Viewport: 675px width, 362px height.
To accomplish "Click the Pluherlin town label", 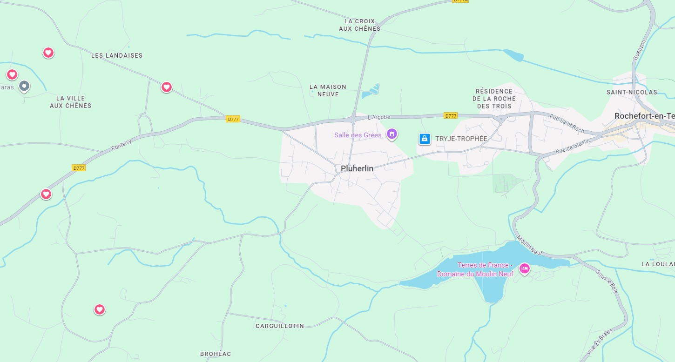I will point(357,168).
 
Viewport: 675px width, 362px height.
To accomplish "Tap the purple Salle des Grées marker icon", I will point(392,134).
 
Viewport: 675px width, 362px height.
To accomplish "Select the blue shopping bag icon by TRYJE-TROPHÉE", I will point(424,139).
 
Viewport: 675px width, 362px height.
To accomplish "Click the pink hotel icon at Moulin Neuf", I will point(525,268).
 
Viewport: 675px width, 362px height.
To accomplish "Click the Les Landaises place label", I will point(117,55).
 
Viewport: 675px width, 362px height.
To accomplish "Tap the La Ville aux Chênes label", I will point(71,102).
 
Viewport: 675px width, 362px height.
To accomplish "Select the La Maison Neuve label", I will point(328,90).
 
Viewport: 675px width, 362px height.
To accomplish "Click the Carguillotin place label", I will point(280,326).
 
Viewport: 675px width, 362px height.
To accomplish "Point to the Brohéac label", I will point(216,354).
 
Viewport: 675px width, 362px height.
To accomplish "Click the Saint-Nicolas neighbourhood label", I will point(632,92).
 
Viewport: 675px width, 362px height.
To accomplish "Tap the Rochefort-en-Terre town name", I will point(644,116).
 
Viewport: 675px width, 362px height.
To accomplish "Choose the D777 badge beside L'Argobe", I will point(450,115).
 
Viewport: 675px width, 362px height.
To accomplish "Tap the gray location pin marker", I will point(24,86).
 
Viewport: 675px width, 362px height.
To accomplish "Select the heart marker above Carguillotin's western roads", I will point(100,309).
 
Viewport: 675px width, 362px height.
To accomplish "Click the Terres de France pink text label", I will point(475,269).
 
